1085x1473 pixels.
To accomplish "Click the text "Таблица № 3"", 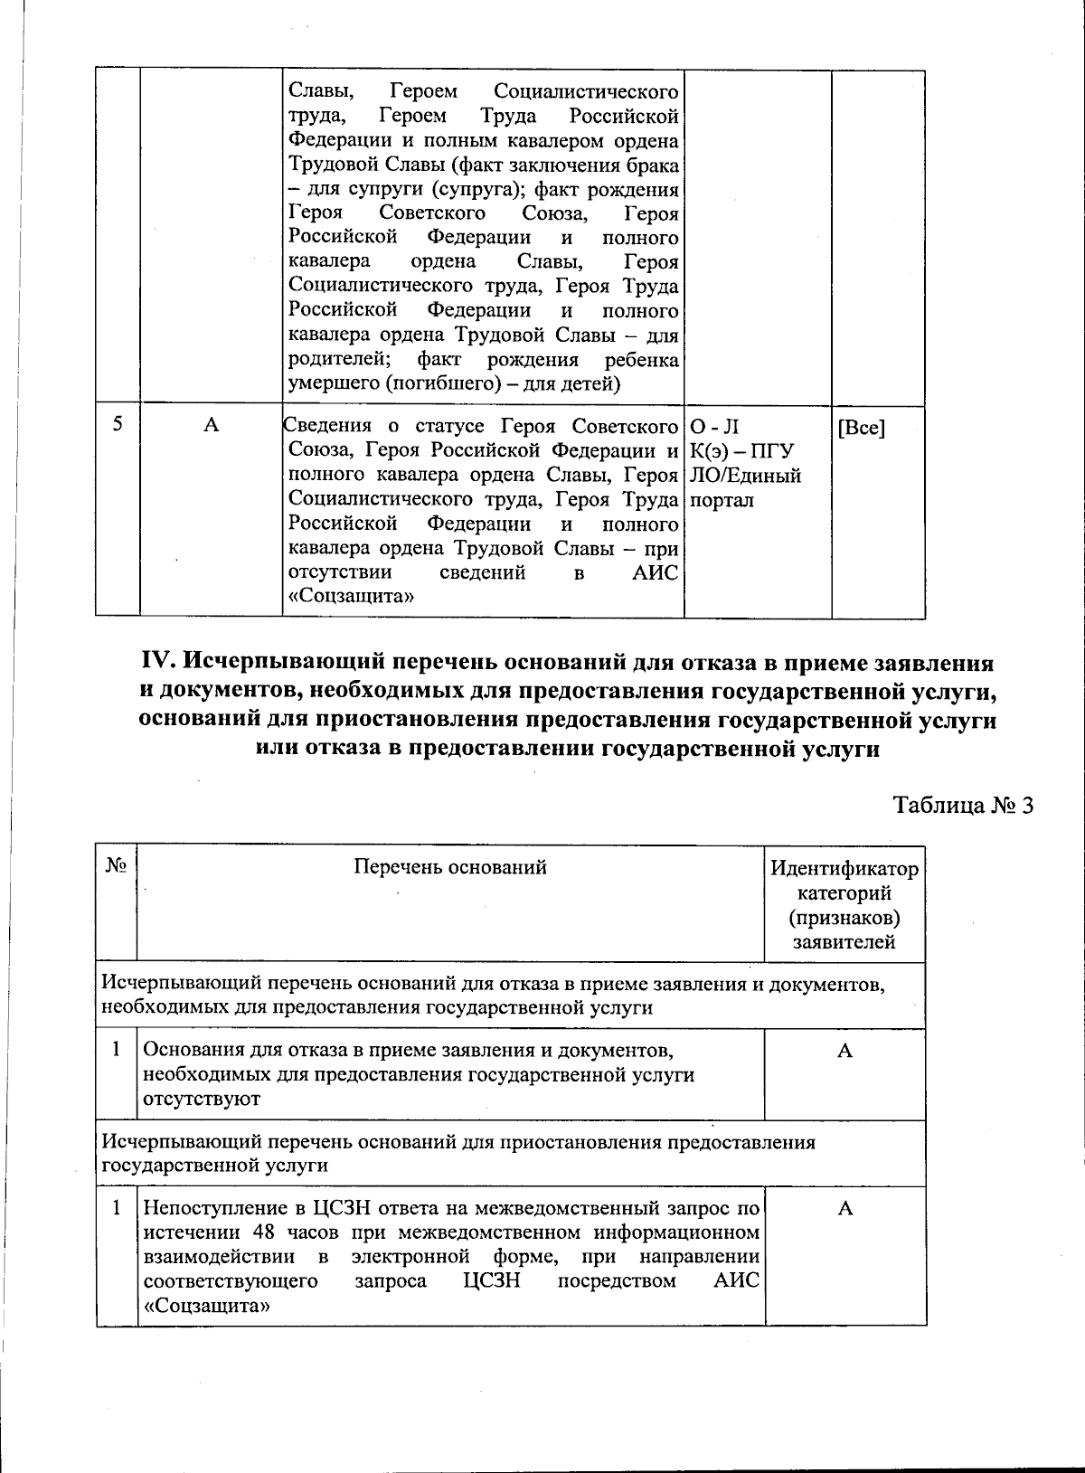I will [x=962, y=805].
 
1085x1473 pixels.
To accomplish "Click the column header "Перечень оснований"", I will [x=449, y=867].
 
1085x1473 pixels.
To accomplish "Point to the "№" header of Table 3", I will [x=115, y=865].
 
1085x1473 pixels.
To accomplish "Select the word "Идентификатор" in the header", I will [x=844, y=869].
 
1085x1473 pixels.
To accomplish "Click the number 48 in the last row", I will [x=262, y=1232].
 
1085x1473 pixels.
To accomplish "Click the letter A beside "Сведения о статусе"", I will [x=211, y=425].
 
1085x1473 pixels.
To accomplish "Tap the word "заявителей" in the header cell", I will [x=844, y=942].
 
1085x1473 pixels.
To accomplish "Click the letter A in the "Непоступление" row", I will [x=844, y=1208].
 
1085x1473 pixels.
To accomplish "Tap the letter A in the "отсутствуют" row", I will [x=844, y=1050].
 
